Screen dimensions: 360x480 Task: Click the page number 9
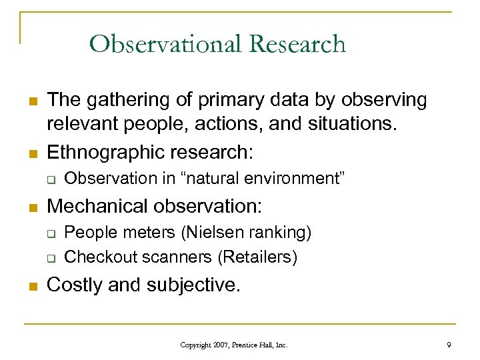pyautogui.click(x=449, y=345)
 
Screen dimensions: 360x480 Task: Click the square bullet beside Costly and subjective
pyautogui.click(x=31, y=285)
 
